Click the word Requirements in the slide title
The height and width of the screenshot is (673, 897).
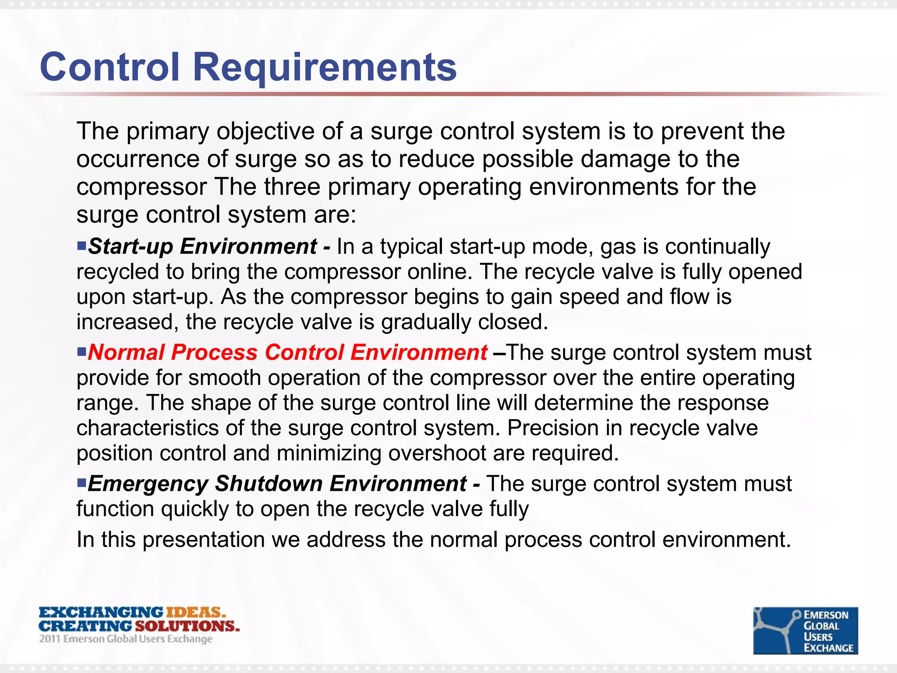point(325,67)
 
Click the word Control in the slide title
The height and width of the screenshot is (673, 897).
point(110,67)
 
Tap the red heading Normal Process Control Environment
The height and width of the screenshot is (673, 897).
point(287,353)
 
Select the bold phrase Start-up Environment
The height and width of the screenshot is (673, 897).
point(202,246)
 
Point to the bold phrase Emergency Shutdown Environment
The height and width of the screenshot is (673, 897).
point(277,484)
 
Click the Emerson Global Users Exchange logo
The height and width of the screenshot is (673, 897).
point(805,630)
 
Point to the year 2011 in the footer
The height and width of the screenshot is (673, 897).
point(49,639)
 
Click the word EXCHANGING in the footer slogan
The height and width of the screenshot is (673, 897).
point(101,612)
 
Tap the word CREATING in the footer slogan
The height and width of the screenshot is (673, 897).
point(85,626)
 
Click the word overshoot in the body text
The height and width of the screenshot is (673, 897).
point(437,453)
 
